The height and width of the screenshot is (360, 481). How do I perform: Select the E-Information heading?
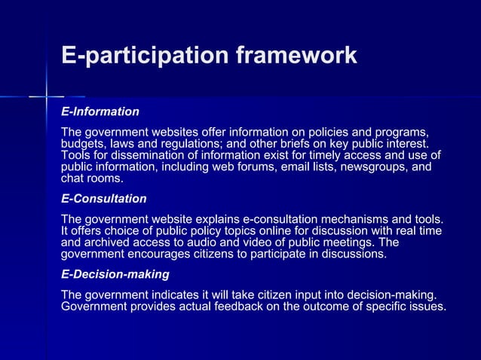point(100,111)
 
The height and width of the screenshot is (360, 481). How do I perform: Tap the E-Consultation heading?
point(103,199)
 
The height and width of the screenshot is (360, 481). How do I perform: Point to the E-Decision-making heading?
point(115,274)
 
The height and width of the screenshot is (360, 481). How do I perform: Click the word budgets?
point(81,143)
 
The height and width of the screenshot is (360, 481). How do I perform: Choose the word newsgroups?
point(361,167)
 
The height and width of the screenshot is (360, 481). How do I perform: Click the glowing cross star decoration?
point(47,97)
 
